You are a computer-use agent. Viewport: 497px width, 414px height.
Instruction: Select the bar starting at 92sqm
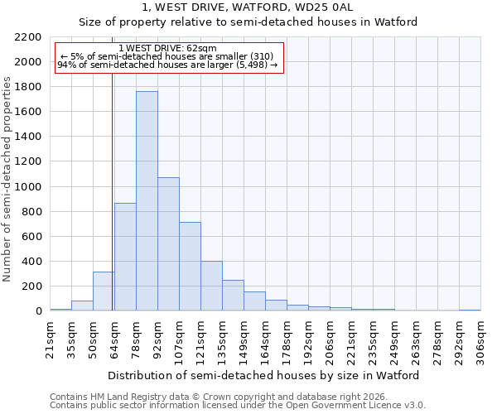pyautogui.click(x=168, y=244)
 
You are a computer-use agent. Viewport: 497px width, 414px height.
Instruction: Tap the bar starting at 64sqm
pyautogui.click(x=125, y=257)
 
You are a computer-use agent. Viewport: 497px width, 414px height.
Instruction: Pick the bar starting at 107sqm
pyautogui.click(x=190, y=267)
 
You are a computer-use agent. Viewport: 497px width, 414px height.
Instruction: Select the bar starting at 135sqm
pyautogui.click(x=233, y=296)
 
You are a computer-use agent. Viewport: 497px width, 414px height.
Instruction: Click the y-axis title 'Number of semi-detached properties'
pyautogui.click(x=8, y=179)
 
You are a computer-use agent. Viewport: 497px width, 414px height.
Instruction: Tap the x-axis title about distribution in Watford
pyautogui.click(x=264, y=375)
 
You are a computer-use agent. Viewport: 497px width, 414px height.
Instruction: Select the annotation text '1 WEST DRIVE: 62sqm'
pyautogui.click(x=168, y=49)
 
